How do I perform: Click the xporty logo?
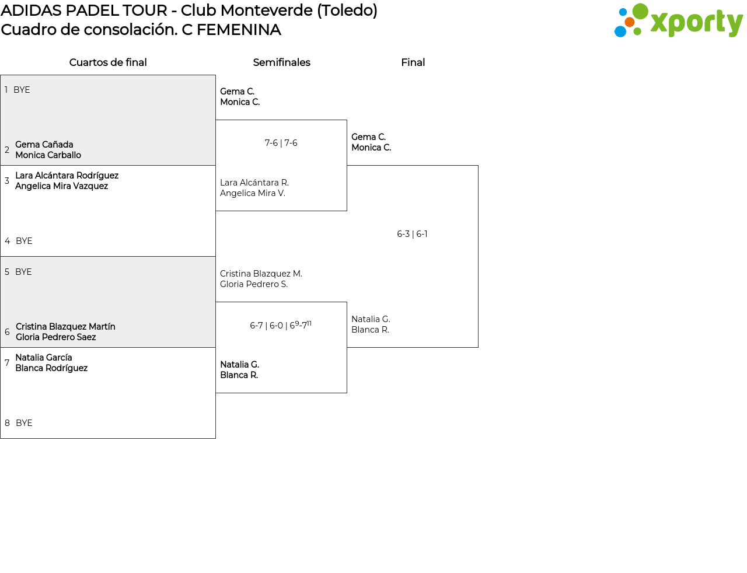pos(678,21)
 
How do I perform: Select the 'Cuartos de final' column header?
pos(108,62)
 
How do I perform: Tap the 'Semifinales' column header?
pos(281,62)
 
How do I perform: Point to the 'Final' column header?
pos(413,62)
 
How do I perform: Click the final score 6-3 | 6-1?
pos(412,234)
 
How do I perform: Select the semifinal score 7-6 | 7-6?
pos(281,143)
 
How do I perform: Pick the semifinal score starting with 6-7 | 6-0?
pos(281,325)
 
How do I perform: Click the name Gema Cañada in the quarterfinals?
pos(44,145)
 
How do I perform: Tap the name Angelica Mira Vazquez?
pos(61,186)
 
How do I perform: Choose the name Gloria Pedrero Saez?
pos(55,337)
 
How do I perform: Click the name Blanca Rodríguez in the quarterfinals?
pos(51,368)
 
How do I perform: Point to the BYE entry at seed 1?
pos(22,90)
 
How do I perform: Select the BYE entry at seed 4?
pos(24,241)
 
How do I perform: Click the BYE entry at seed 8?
pos(24,423)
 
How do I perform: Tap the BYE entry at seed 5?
pos(23,272)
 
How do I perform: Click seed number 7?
pos(7,363)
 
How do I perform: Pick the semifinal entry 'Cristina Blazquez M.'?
pos(261,274)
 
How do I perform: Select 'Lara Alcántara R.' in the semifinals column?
pos(254,183)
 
